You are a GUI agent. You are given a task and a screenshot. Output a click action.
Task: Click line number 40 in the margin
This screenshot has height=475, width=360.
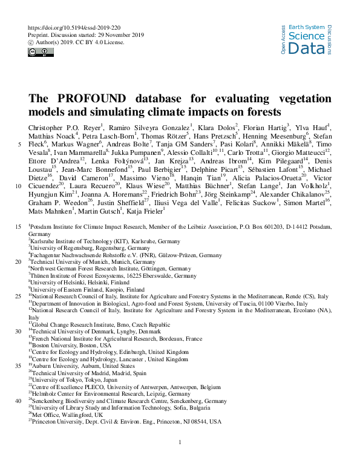point(17,401)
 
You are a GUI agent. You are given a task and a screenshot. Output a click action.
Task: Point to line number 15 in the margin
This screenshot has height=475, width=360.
point(17,242)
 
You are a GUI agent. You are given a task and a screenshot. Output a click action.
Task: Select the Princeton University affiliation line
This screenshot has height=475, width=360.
point(120,421)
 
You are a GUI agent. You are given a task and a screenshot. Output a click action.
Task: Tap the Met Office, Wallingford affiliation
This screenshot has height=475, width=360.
point(67,414)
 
